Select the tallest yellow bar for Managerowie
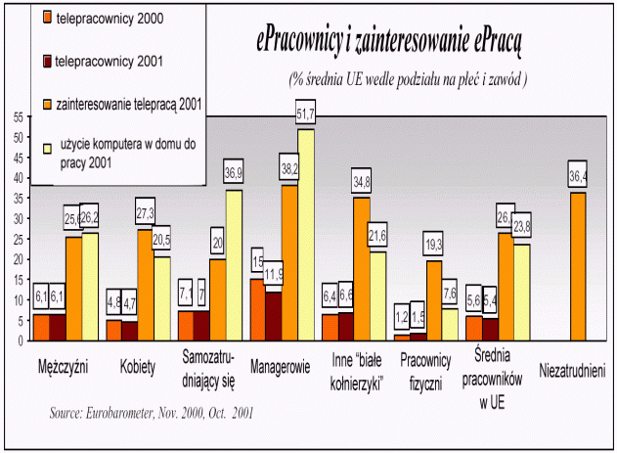click(x=306, y=235)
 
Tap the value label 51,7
click(x=306, y=117)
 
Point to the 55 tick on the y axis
click(x=19, y=116)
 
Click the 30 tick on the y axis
click(x=19, y=218)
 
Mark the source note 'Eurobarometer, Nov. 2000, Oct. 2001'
click(x=152, y=413)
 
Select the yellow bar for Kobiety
click(x=162, y=298)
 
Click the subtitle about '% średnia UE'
click(x=408, y=78)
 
